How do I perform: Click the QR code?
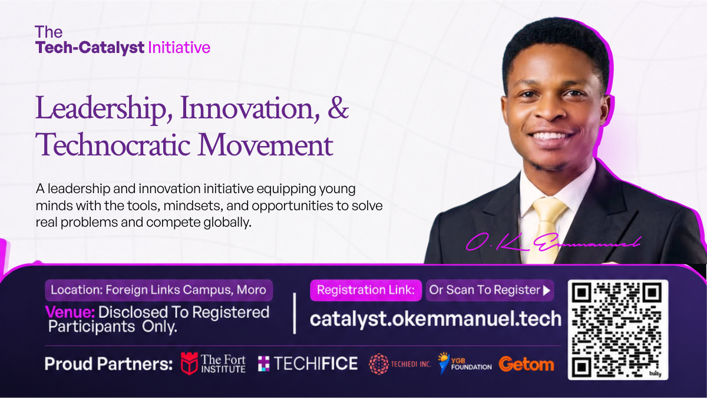[x=617, y=330]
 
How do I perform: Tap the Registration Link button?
[x=366, y=290]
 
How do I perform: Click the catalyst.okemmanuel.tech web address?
[x=435, y=319]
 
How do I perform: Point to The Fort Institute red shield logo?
[x=189, y=363]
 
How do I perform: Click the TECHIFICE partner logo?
[x=308, y=363]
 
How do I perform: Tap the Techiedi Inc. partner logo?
[x=400, y=364]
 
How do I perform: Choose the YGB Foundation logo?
[x=465, y=363]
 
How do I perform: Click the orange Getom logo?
[x=527, y=364]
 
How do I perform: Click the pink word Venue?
[x=70, y=312]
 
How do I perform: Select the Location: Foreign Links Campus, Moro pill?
[x=158, y=290]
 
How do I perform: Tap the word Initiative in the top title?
[x=179, y=48]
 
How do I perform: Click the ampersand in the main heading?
[x=338, y=108]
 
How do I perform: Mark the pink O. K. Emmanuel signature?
[x=554, y=243]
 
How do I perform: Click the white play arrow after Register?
[x=547, y=290]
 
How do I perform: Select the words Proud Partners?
[x=108, y=364]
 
